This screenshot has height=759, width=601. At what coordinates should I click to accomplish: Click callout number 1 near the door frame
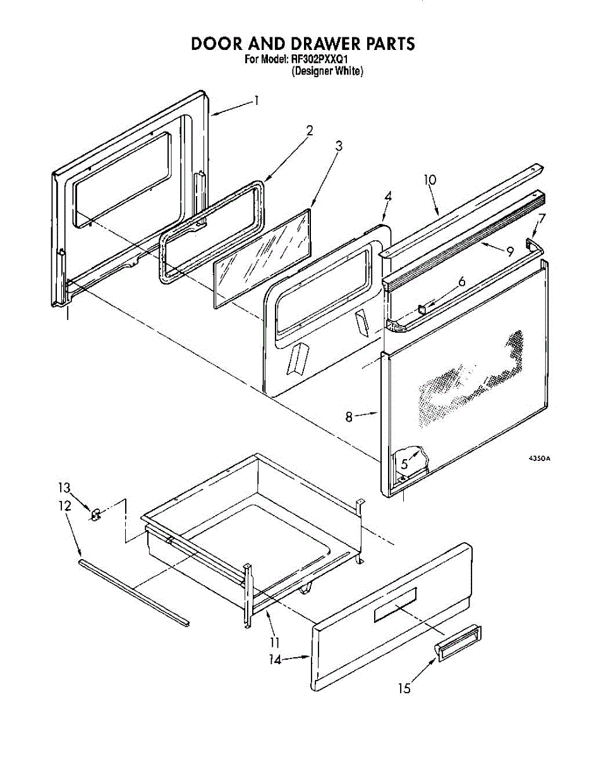coord(256,100)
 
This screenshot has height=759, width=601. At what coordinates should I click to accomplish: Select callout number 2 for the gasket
coord(310,131)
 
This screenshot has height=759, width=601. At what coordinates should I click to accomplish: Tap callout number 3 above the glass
coord(339,145)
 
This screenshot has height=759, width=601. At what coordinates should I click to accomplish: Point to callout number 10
coord(430,180)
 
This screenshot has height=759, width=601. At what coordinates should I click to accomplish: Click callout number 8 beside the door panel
coord(349,417)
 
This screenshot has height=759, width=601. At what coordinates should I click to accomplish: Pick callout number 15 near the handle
coord(404,688)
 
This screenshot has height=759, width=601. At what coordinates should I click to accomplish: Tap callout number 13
coord(63,488)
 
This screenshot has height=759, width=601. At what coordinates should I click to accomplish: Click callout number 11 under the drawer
coord(274,642)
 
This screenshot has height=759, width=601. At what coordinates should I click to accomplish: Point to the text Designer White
coord(327,71)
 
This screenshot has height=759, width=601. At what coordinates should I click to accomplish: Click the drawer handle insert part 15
coord(456,643)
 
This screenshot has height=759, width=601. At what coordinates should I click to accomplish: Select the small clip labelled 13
coord(96,516)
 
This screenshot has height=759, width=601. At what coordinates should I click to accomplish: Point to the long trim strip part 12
coord(134,591)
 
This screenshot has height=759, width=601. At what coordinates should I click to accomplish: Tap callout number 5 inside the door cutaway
coord(404,463)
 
